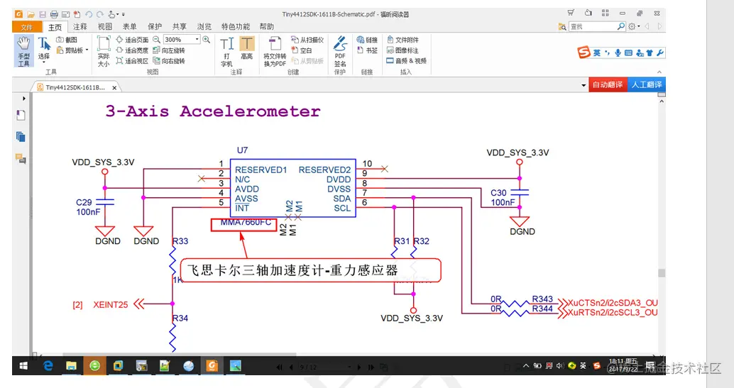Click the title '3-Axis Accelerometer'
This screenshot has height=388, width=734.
(x=213, y=111)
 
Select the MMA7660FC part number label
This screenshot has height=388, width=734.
(x=246, y=223)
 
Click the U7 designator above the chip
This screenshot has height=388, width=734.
(x=243, y=150)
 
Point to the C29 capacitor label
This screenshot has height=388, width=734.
(x=84, y=202)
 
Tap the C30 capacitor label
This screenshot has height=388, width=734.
(x=498, y=193)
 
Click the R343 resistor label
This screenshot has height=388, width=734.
(x=542, y=299)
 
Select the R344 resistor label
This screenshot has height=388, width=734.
(x=542, y=309)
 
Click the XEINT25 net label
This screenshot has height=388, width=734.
(x=111, y=305)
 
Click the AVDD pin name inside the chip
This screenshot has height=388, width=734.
(x=247, y=189)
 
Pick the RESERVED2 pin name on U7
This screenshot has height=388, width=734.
(x=324, y=170)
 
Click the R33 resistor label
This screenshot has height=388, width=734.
(x=180, y=241)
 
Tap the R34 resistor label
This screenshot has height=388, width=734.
(x=180, y=318)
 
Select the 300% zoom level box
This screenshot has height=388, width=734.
(x=182, y=40)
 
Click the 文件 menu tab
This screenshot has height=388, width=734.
(x=26, y=27)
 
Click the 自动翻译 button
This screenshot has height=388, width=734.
(x=607, y=84)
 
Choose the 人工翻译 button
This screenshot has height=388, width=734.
(x=646, y=84)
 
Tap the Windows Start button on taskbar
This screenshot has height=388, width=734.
(x=23, y=366)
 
